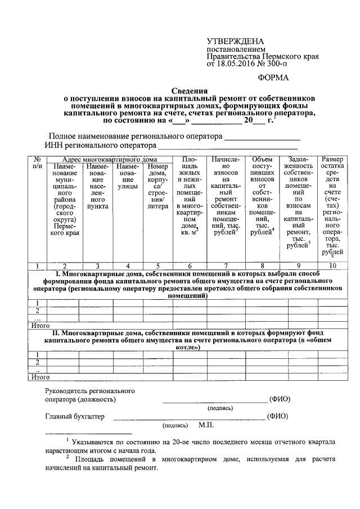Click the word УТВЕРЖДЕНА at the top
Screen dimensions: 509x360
tap(236, 42)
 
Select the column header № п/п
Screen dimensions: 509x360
tap(37, 163)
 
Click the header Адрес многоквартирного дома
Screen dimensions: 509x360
tap(109, 160)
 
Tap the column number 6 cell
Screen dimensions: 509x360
tap(190, 265)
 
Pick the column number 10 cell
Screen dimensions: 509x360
tap(334, 265)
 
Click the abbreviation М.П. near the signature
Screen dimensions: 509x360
tap(206, 426)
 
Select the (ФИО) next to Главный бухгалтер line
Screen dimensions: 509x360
tap(278, 417)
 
